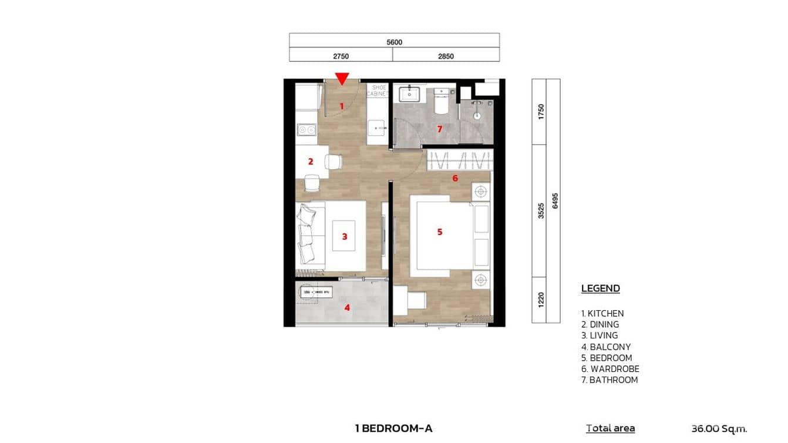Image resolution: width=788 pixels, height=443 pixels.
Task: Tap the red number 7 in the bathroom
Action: [439, 129]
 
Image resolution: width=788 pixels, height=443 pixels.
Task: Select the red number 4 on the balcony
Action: [347, 307]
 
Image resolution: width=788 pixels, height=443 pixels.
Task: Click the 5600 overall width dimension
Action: [394, 42]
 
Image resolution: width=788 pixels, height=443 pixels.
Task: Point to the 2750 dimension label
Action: [341, 56]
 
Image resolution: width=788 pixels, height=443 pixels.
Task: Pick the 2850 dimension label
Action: [446, 56]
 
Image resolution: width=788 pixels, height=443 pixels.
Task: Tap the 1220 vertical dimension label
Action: [541, 300]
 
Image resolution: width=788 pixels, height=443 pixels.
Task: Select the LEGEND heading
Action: [600, 288]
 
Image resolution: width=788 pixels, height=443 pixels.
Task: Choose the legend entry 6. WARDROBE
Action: [610, 369]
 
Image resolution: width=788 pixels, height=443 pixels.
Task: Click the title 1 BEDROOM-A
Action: [393, 428]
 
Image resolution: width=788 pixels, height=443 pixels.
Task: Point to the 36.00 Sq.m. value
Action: [719, 428]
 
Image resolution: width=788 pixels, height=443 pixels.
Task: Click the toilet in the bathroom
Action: [440, 102]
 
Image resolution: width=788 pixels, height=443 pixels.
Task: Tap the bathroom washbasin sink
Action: [409, 93]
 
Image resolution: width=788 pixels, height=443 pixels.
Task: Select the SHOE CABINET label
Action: [376, 91]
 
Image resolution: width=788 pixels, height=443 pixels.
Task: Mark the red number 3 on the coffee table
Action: [345, 237]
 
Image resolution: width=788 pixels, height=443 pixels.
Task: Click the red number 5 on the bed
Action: [439, 232]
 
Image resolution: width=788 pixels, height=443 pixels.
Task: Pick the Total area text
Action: [610, 428]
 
